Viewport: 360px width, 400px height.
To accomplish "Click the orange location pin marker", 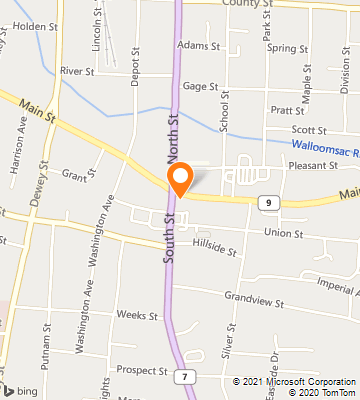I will (180, 181).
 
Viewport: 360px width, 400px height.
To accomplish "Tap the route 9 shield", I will (267, 203).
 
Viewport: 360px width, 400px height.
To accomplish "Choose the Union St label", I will (283, 233).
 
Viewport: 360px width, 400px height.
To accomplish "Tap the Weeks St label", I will (131, 314).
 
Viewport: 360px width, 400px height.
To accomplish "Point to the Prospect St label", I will (143, 370).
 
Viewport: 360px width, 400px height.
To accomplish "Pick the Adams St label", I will (198, 46).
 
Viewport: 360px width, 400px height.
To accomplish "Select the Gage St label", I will (200, 87).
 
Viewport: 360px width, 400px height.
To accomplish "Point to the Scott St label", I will (309, 129).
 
